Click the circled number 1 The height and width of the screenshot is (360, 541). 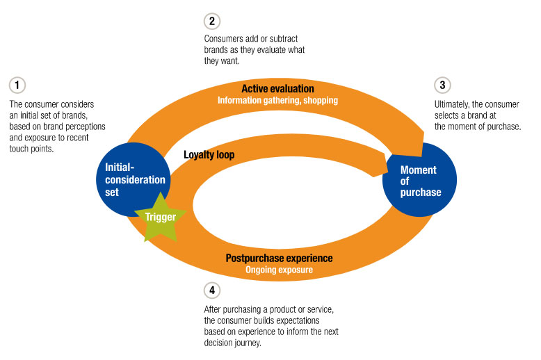(x=17, y=85)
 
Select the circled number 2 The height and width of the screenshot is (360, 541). (x=213, y=21)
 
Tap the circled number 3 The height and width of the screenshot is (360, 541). (x=442, y=85)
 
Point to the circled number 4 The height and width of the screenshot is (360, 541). (x=212, y=290)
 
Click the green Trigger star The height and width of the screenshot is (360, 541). (x=161, y=217)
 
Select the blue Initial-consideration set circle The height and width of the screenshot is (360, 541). (x=135, y=173)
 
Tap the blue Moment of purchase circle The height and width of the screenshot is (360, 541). (x=420, y=180)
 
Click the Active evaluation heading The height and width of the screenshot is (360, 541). (x=277, y=89)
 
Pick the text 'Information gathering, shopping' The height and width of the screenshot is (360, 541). (x=277, y=100)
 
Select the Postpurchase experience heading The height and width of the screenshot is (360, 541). (x=279, y=258)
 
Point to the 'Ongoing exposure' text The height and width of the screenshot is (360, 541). (x=279, y=270)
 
